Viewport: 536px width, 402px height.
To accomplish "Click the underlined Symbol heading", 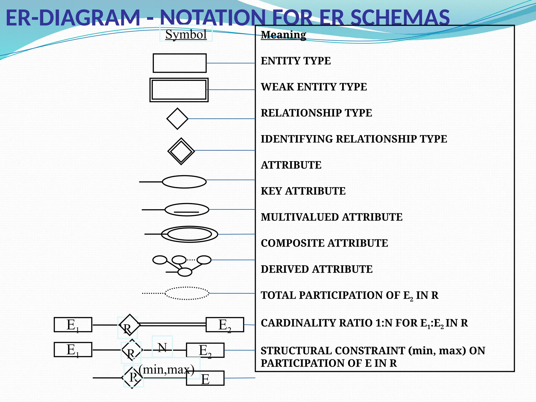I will (x=186, y=35).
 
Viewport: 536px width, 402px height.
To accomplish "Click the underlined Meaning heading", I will (x=283, y=35).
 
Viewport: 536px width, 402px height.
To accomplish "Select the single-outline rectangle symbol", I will (x=180, y=63).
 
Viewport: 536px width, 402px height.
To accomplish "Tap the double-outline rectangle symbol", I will (x=179, y=90).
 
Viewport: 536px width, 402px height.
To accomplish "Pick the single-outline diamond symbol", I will (x=177, y=119).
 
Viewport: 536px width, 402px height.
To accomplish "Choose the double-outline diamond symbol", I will (x=181, y=151).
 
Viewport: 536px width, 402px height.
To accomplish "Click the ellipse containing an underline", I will (x=187, y=209).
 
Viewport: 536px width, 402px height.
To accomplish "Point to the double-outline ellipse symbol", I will (x=189, y=234).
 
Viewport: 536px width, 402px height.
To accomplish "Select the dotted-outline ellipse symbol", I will (x=187, y=293).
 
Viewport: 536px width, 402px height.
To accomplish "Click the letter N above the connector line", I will (x=162, y=348).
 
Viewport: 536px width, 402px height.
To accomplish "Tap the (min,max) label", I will (x=167, y=369).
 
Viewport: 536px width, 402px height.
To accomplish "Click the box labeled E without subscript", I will (x=205, y=378).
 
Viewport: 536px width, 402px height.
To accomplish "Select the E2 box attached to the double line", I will (x=225, y=325).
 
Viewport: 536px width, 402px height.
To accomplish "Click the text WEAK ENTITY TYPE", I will (x=314, y=87).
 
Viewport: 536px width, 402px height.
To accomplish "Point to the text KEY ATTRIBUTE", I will (x=303, y=191).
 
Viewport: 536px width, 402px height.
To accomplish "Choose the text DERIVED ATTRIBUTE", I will (x=316, y=269).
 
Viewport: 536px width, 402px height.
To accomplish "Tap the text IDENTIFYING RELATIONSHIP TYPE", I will (x=354, y=139).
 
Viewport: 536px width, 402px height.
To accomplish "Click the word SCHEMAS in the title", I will (x=400, y=18).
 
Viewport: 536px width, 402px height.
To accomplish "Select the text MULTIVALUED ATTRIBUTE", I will (x=332, y=217).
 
